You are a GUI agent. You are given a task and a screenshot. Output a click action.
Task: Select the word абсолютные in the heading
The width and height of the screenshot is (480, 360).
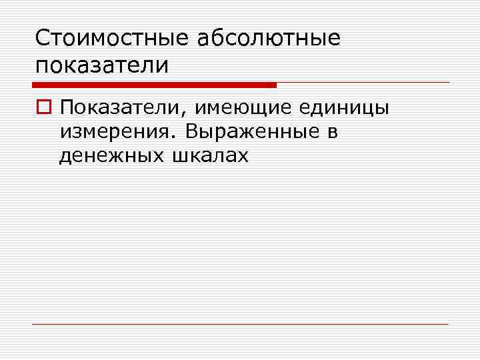[269, 38]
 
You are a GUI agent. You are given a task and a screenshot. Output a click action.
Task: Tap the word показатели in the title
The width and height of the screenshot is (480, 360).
[101, 66]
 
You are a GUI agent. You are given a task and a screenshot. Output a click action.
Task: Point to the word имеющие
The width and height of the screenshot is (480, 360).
[238, 107]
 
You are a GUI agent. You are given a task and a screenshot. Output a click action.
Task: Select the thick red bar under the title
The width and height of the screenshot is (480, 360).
[154, 85]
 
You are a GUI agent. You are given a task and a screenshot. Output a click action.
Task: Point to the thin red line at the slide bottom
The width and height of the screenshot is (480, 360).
[240, 325]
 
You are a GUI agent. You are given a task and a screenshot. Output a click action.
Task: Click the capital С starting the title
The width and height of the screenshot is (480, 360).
[43, 38]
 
